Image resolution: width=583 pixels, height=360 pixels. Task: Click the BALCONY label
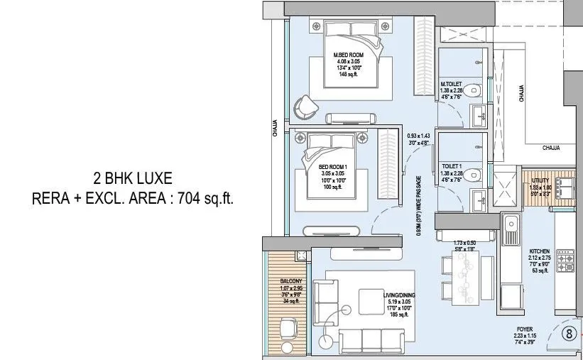pyautogui.click(x=291, y=281)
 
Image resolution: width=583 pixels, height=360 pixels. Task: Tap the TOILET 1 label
pyautogui.click(x=451, y=165)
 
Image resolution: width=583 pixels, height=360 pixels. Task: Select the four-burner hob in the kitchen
pyautogui.click(x=566, y=261)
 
